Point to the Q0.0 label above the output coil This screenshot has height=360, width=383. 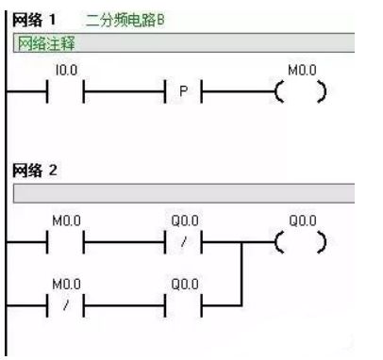300,221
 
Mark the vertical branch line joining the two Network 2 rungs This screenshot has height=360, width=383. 242,274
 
